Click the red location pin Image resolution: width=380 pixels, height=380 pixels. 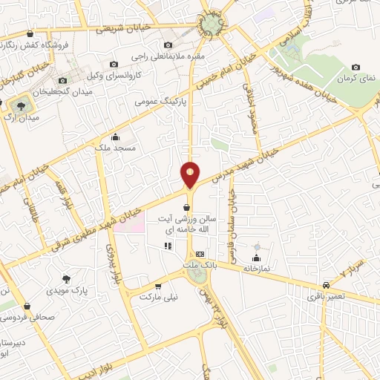point(190,174)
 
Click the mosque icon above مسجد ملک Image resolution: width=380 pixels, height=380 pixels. point(114,137)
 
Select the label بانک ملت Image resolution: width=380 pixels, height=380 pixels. point(199,264)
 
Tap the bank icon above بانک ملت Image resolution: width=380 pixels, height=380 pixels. point(199,255)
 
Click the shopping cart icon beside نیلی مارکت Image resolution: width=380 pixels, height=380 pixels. point(157,286)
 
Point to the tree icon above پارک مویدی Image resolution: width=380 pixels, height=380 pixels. point(66,279)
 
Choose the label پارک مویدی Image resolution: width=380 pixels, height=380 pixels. point(66,290)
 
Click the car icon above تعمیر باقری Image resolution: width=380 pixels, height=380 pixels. point(327,286)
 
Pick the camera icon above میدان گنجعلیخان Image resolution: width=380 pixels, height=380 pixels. point(63,79)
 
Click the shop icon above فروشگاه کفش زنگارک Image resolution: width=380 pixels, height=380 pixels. point(29,33)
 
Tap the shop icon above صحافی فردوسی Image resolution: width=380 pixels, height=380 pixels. point(27,305)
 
